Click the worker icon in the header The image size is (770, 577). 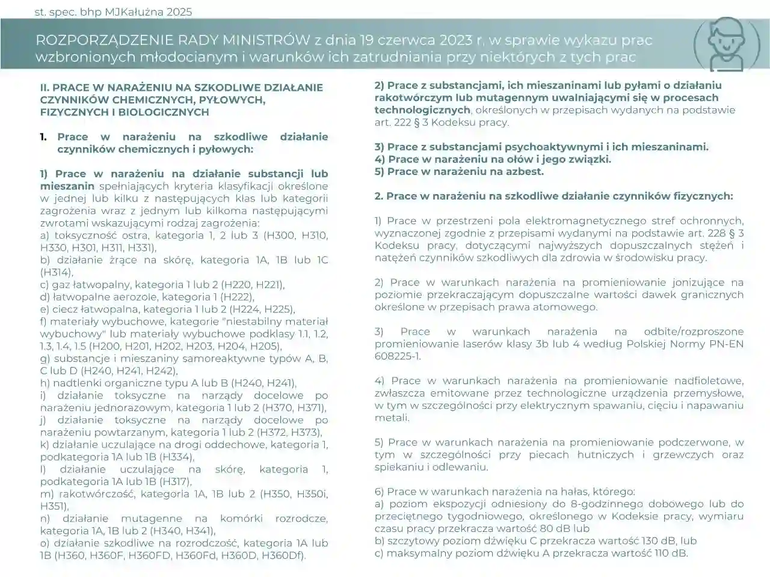click(x=721, y=44)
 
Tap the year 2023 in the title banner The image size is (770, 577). click(x=455, y=40)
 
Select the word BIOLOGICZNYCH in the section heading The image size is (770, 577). click(x=161, y=112)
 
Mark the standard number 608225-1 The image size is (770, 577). click(x=396, y=356)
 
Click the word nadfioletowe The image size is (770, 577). click(x=704, y=380)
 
